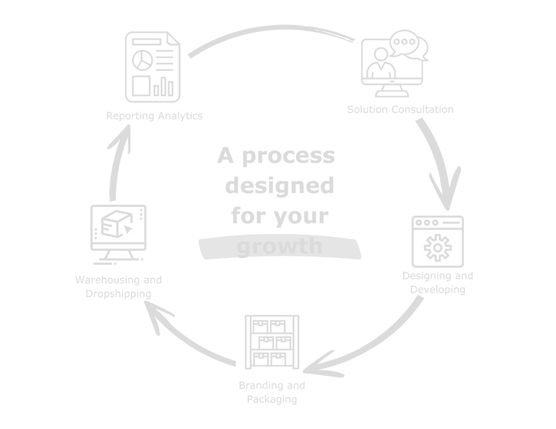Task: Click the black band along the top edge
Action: coord(278,12)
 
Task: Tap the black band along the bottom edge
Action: coord(278,417)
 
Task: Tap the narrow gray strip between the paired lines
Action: coord(278,386)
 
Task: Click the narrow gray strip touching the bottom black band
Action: coord(278,399)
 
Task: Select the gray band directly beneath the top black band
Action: coord(278,64)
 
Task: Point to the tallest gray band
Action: coord(278,187)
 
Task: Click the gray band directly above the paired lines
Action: coord(278,325)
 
